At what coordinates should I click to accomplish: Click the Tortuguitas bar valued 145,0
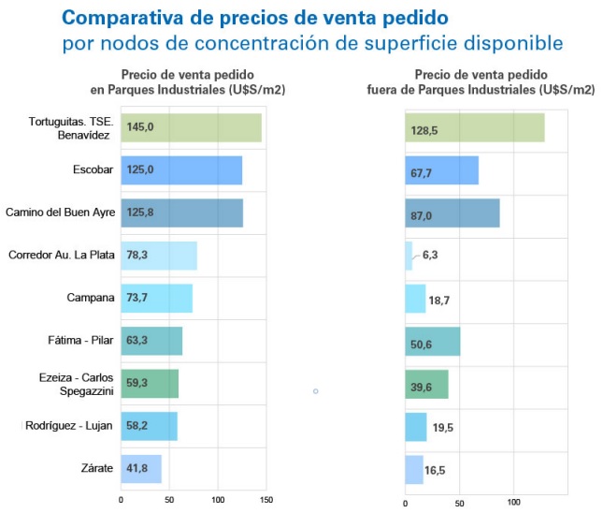[x=191, y=127]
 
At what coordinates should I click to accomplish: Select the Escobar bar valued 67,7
[x=441, y=170]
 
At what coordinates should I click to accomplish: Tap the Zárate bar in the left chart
[x=141, y=469]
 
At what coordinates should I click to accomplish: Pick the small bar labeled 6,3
[x=409, y=256]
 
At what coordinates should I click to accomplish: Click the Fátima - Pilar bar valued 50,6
[x=432, y=341]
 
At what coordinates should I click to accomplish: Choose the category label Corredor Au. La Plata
[x=62, y=255]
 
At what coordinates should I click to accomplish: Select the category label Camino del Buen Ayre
[x=60, y=213]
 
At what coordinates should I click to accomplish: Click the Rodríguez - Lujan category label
[x=69, y=426]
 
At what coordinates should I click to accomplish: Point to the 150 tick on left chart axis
[x=267, y=500]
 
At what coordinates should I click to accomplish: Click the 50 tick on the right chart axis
[x=459, y=503]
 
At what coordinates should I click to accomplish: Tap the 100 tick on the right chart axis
[x=513, y=503]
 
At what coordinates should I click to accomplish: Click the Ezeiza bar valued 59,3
[x=150, y=384]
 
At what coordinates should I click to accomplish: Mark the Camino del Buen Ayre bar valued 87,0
[x=452, y=213]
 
